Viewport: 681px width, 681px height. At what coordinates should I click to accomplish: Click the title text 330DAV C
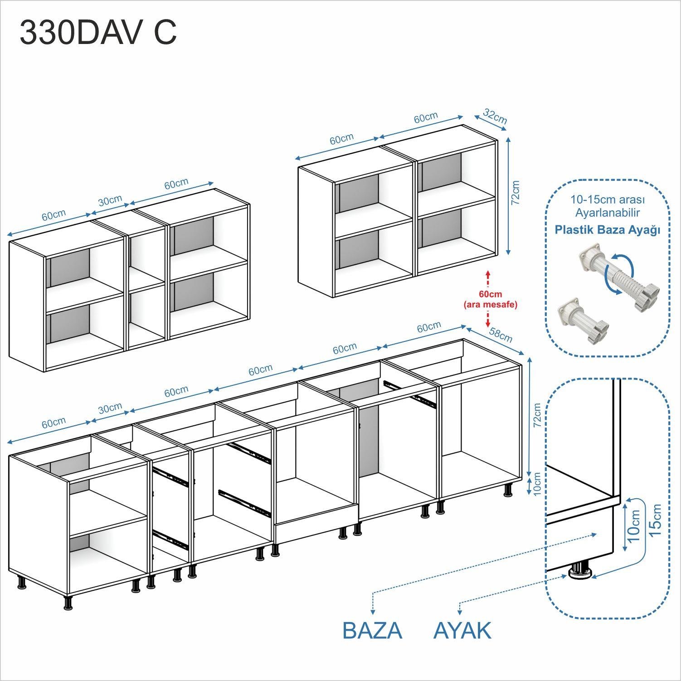click(x=98, y=33)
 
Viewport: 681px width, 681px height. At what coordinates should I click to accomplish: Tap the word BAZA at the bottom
click(x=372, y=631)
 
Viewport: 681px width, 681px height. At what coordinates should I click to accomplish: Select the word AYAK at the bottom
click(x=462, y=631)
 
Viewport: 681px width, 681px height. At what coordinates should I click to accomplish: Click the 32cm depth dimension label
click(x=495, y=116)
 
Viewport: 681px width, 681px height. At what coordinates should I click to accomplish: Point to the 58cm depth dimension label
click(x=501, y=335)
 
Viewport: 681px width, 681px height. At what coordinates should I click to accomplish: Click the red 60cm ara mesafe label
click(x=490, y=299)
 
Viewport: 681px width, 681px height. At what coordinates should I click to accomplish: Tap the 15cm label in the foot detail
click(x=655, y=520)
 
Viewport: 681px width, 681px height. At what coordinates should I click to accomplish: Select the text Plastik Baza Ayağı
click(x=608, y=230)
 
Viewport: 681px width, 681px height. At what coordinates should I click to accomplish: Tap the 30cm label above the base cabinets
click(x=110, y=409)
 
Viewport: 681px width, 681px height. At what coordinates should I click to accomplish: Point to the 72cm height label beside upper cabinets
click(x=515, y=193)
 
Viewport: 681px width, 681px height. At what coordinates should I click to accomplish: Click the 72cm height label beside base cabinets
click(x=537, y=415)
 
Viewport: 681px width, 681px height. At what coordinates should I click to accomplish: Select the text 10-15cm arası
click(x=608, y=199)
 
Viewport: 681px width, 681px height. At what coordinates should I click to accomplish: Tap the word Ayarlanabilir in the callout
click(x=608, y=212)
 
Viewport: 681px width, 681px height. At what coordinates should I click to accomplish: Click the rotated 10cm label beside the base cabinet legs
click(x=537, y=484)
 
